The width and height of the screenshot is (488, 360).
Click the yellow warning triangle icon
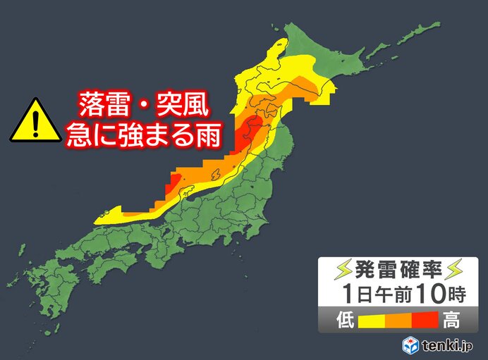coord(35,120)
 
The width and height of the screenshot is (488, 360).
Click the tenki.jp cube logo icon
coord(411,345)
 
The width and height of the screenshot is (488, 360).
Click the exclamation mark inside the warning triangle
coord(35,124)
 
